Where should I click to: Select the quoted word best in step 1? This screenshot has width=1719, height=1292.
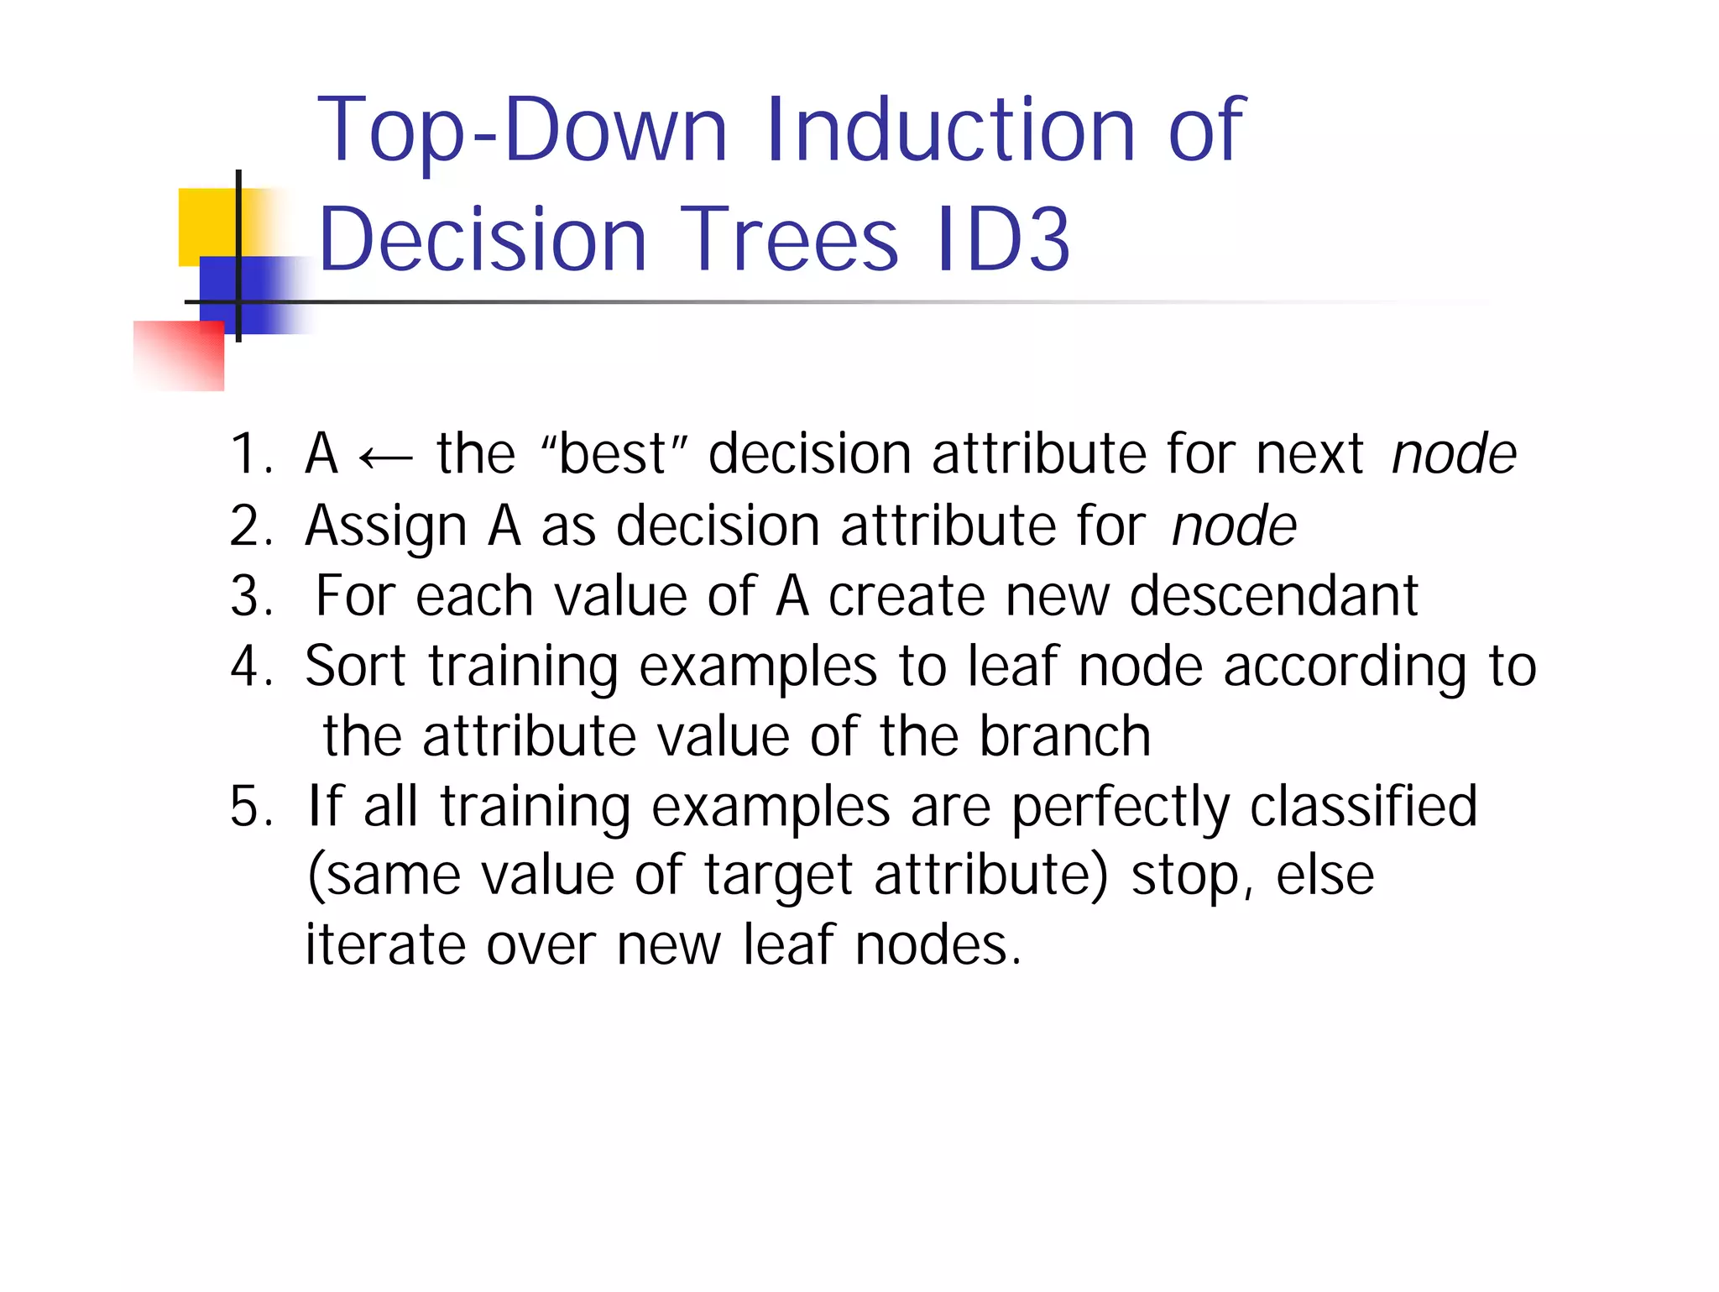(613, 454)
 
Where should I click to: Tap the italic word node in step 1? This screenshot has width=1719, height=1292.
(1453, 454)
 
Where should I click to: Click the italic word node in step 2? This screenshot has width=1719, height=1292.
(1233, 526)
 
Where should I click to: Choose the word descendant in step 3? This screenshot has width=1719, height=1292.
(1273, 596)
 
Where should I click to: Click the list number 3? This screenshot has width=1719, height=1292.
(249, 596)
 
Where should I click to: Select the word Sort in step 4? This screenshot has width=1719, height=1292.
(355, 667)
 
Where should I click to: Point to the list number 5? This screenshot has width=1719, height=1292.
(249, 807)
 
